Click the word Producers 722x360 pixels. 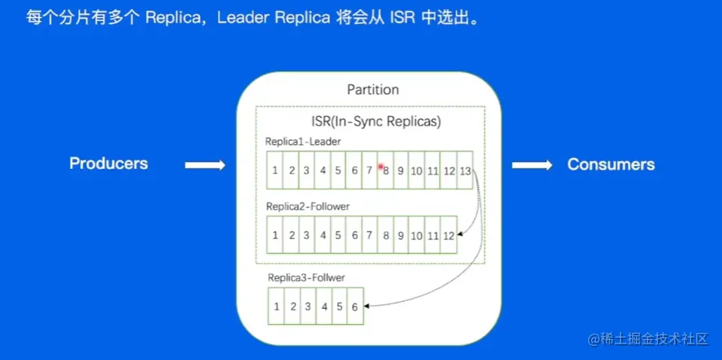pos(108,164)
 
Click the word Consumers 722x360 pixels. pos(611,165)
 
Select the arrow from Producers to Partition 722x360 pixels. pos(205,165)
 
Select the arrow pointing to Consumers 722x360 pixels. pos(532,165)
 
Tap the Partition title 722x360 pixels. pos(372,90)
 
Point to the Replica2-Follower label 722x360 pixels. pos(308,205)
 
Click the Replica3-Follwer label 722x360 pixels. pos(306,278)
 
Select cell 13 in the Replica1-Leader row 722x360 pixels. pos(465,171)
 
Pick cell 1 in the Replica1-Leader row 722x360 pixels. pos(275,171)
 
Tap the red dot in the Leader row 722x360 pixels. pos(381,166)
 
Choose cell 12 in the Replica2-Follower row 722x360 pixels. pos(448,235)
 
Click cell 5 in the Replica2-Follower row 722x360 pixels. pos(338,235)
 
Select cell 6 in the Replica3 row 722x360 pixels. pos(355,307)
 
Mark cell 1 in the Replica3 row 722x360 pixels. pos(277,307)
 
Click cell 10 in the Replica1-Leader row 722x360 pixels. pos(417,171)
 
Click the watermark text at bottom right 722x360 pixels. pos(648,339)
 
